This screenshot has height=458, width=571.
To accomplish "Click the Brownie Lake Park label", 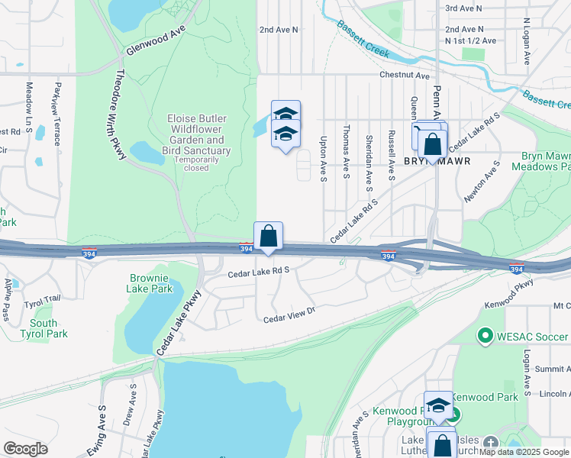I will point(150,284).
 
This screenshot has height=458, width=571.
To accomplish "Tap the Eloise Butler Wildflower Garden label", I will point(195,135).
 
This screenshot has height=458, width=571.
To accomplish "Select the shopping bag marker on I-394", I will point(268,237).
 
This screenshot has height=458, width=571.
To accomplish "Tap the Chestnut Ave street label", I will point(405,76).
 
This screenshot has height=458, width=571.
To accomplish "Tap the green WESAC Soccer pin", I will point(484,335).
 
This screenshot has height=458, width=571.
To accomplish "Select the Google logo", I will point(25,448).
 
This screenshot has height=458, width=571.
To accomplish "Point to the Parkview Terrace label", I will point(56,114).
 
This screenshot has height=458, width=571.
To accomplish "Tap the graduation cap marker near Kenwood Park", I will point(438,405).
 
